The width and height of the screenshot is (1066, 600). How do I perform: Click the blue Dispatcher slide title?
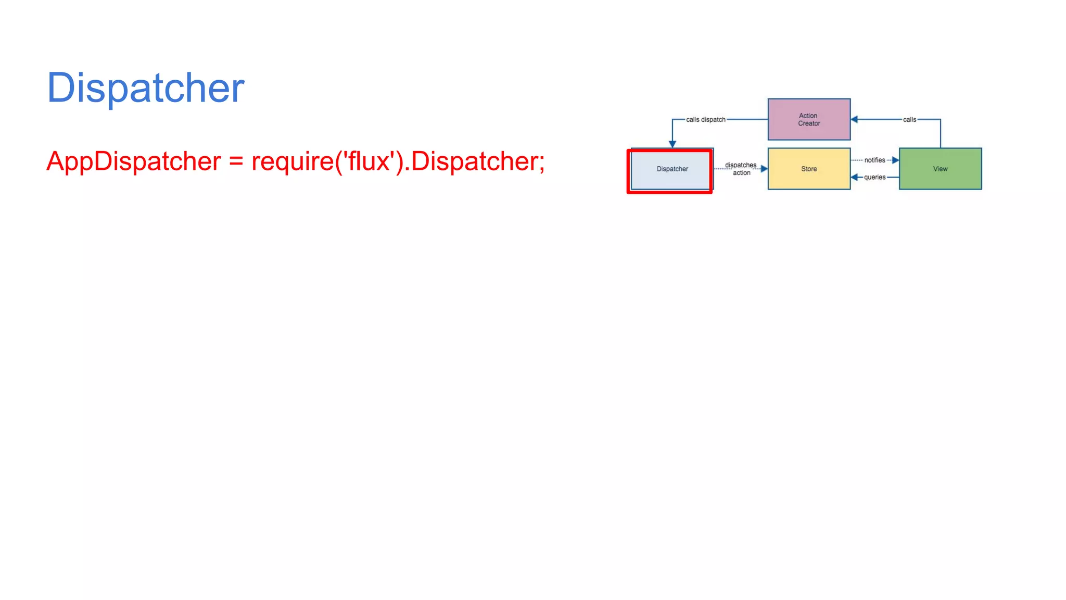(145, 88)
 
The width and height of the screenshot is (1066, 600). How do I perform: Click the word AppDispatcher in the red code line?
(134, 161)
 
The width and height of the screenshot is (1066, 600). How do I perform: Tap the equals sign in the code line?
(236, 161)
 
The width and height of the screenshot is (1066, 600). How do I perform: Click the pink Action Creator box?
(809, 119)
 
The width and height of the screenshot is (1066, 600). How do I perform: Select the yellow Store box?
(809, 169)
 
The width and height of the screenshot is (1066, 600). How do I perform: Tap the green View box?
(940, 169)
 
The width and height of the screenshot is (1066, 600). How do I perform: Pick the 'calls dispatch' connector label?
(705, 120)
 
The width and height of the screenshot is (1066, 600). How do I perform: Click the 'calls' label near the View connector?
(909, 120)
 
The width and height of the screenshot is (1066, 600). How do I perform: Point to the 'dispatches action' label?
(741, 169)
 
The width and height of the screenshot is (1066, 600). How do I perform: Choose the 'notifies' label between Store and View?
(874, 160)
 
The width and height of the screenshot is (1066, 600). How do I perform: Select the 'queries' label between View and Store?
(874, 177)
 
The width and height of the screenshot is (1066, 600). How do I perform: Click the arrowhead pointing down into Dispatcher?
(672, 144)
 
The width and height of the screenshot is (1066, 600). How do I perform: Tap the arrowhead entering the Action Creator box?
(854, 119)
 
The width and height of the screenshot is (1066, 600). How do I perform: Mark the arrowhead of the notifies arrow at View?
(895, 160)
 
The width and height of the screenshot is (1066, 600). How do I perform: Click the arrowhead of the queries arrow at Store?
(854, 177)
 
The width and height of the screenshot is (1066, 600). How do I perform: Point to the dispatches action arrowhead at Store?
(764, 169)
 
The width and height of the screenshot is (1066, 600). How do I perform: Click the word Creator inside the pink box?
(809, 123)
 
